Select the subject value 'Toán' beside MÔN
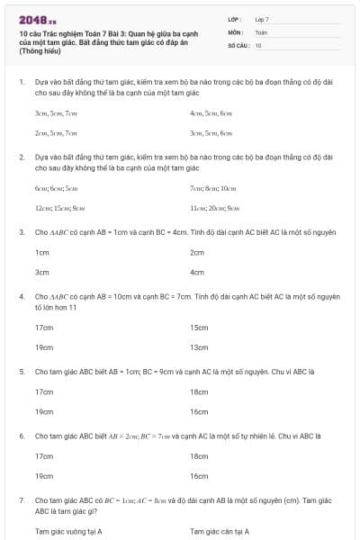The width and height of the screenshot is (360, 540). point(261,31)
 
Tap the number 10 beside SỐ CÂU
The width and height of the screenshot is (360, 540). point(258,44)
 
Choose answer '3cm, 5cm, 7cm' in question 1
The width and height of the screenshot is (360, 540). point(49,114)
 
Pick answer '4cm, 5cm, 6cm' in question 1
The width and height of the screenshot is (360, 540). point(211,114)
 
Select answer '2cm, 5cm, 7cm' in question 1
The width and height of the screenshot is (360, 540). point(49,132)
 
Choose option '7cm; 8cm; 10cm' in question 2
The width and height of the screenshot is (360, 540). point(213,189)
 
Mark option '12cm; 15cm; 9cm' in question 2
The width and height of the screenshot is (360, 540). point(54,208)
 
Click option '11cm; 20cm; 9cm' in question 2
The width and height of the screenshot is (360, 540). point(215,208)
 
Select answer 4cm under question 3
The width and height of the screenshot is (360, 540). point(197,271)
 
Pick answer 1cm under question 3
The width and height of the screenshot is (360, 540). point(41,253)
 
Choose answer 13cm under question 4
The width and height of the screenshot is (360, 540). point(199,347)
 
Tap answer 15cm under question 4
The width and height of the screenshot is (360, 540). point(199,328)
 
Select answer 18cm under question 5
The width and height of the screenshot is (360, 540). point(199,391)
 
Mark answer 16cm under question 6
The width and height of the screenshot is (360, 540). point(199,475)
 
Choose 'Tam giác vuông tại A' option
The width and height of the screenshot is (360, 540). point(68,531)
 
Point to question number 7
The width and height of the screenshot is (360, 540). point(21,499)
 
